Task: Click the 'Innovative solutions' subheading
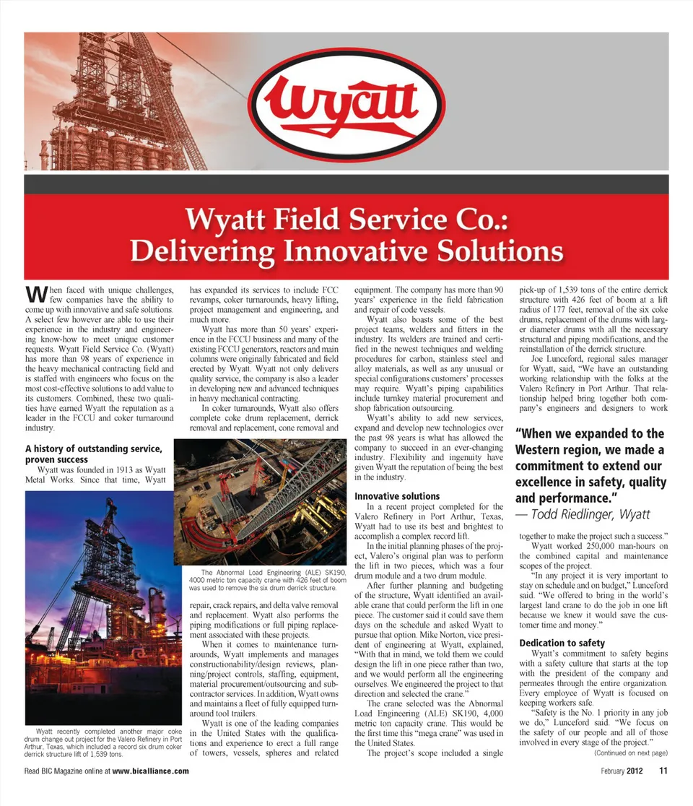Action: (397, 496)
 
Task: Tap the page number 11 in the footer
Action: (662, 771)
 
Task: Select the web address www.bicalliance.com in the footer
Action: (151, 771)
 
